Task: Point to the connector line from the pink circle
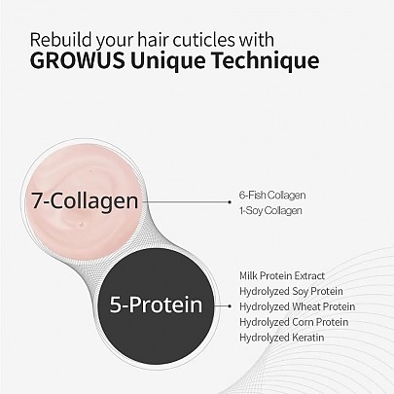click(x=199, y=202)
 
